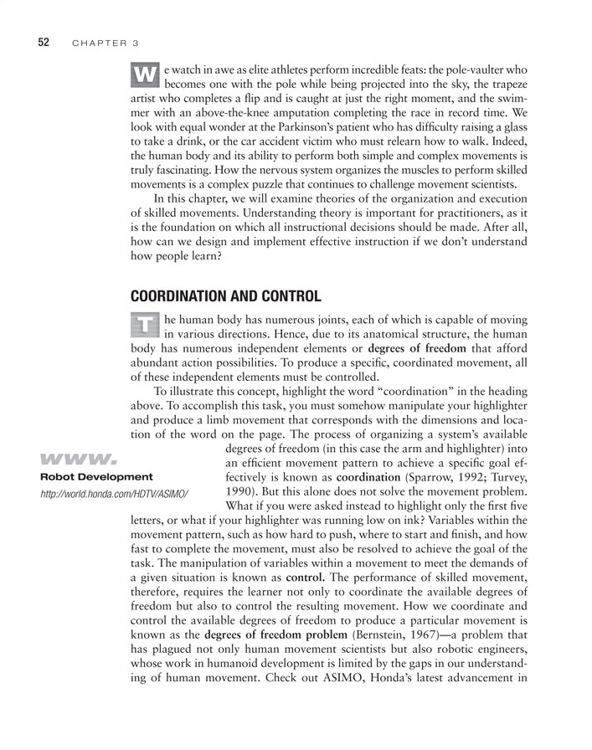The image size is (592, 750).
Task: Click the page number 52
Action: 44,42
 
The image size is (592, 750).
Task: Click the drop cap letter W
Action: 146,74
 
